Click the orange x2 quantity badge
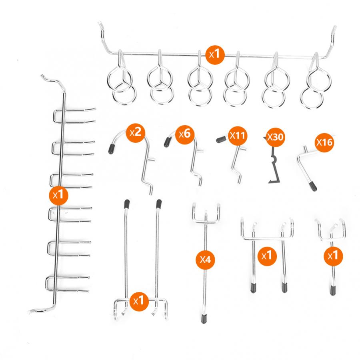(136, 133)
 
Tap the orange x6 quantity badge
(184, 134)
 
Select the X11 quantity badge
(238, 136)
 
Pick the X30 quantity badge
(275, 137)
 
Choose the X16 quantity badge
(324, 142)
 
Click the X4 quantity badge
(205, 260)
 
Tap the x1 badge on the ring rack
(215, 55)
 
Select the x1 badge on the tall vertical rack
(58, 195)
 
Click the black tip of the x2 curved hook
(111, 149)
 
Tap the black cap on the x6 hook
(167, 142)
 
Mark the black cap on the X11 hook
(221, 139)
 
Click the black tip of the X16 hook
(313, 186)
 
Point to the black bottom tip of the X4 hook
(204, 319)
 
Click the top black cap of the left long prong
(127, 204)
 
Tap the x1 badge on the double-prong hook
(267, 256)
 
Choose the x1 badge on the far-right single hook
(333, 256)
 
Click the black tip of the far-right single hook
(333, 290)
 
